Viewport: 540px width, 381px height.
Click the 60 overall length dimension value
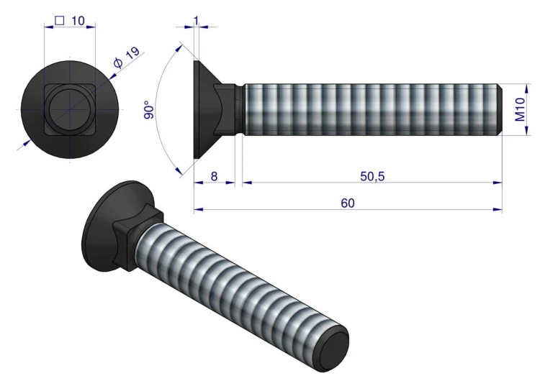[x=348, y=203]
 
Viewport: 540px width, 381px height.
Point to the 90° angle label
[x=149, y=109]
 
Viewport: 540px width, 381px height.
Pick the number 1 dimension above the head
[x=197, y=19]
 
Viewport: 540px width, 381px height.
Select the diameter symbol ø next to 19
[x=118, y=64]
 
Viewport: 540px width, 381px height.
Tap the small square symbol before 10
[x=59, y=21]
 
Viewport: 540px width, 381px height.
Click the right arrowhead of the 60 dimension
[x=498, y=210]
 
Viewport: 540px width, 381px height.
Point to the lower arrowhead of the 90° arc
[x=180, y=170]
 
